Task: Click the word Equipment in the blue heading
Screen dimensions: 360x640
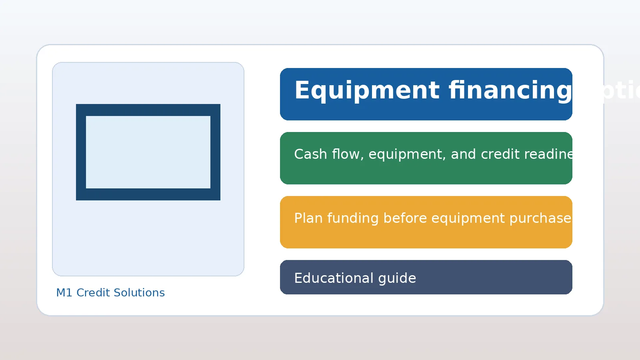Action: [367, 91]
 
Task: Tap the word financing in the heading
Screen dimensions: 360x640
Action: [510, 91]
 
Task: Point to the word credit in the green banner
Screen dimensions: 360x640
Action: [498, 154]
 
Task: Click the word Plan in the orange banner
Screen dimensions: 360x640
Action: [308, 218]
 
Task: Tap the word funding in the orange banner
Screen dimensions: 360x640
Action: [353, 218]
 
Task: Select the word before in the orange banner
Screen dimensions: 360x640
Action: [405, 218]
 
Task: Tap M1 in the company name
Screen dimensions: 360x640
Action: [64, 293]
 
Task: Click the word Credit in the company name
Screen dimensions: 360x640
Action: [92, 293]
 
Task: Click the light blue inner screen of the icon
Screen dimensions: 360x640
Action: [148, 152]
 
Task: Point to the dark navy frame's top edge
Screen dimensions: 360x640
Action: [148, 110]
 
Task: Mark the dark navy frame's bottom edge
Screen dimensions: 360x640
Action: [148, 194]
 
